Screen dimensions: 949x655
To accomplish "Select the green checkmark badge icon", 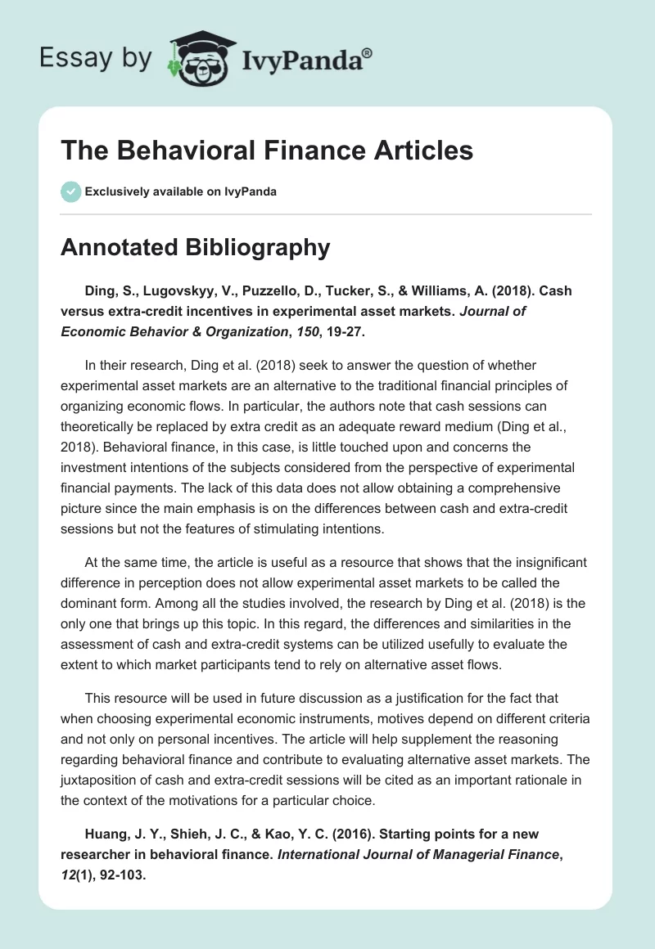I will tap(70, 191).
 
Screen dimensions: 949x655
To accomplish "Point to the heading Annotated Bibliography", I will tap(195, 247).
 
